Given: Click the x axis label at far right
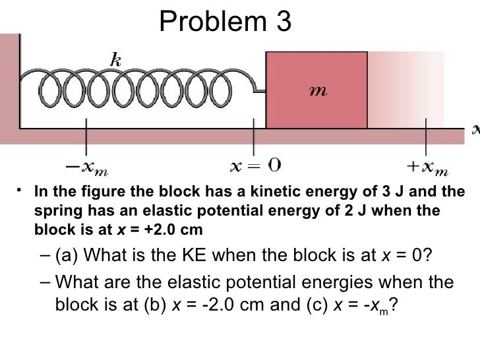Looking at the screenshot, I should (x=475, y=129).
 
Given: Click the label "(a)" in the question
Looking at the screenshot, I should (x=68, y=255).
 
